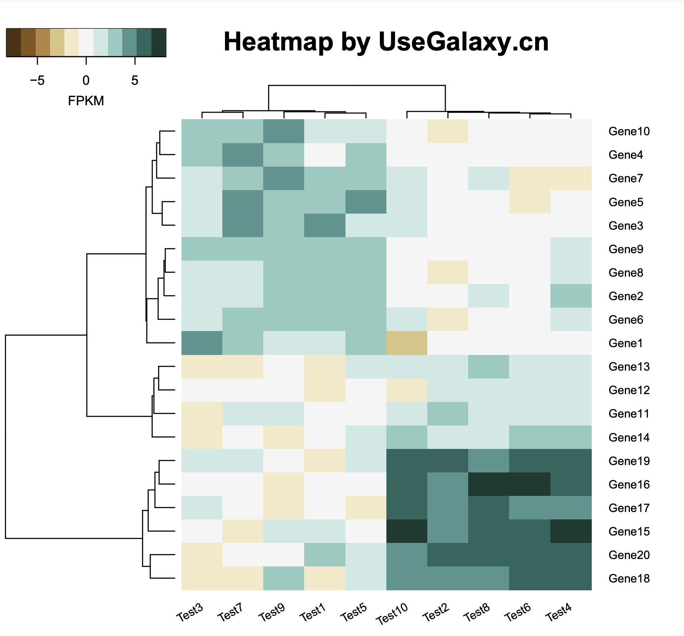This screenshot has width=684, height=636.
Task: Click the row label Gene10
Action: tap(629, 131)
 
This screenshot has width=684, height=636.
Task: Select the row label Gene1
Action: tap(625, 343)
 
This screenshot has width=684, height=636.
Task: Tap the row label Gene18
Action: tap(629, 579)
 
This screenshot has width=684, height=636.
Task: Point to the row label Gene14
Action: tap(629, 438)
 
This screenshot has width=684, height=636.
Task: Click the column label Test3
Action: tap(190, 612)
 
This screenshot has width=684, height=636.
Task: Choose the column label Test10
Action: tap(392, 613)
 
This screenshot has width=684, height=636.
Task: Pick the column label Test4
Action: tap(559, 613)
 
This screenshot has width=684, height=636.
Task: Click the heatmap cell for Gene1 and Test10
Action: tap(407, 343)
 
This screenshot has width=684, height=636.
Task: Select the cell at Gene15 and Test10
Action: tap(407, 531)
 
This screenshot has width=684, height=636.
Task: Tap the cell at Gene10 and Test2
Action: tap(448, 131)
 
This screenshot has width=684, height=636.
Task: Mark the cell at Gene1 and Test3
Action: tap(202, 343)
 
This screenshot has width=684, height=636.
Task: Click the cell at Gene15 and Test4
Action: tap(571, 531)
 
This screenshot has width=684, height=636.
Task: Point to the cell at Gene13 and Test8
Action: tap(489, 366)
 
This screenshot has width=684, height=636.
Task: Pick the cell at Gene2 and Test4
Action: tap(571, 296)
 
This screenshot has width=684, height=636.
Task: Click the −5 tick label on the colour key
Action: tap(37, 80)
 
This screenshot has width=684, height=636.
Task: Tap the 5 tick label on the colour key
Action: tap(135, 80)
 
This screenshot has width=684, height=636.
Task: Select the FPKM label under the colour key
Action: tap(86, 101)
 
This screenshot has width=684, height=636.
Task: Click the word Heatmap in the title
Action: tap(278, 42)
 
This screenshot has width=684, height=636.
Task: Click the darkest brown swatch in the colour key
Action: tap(13, 43)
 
